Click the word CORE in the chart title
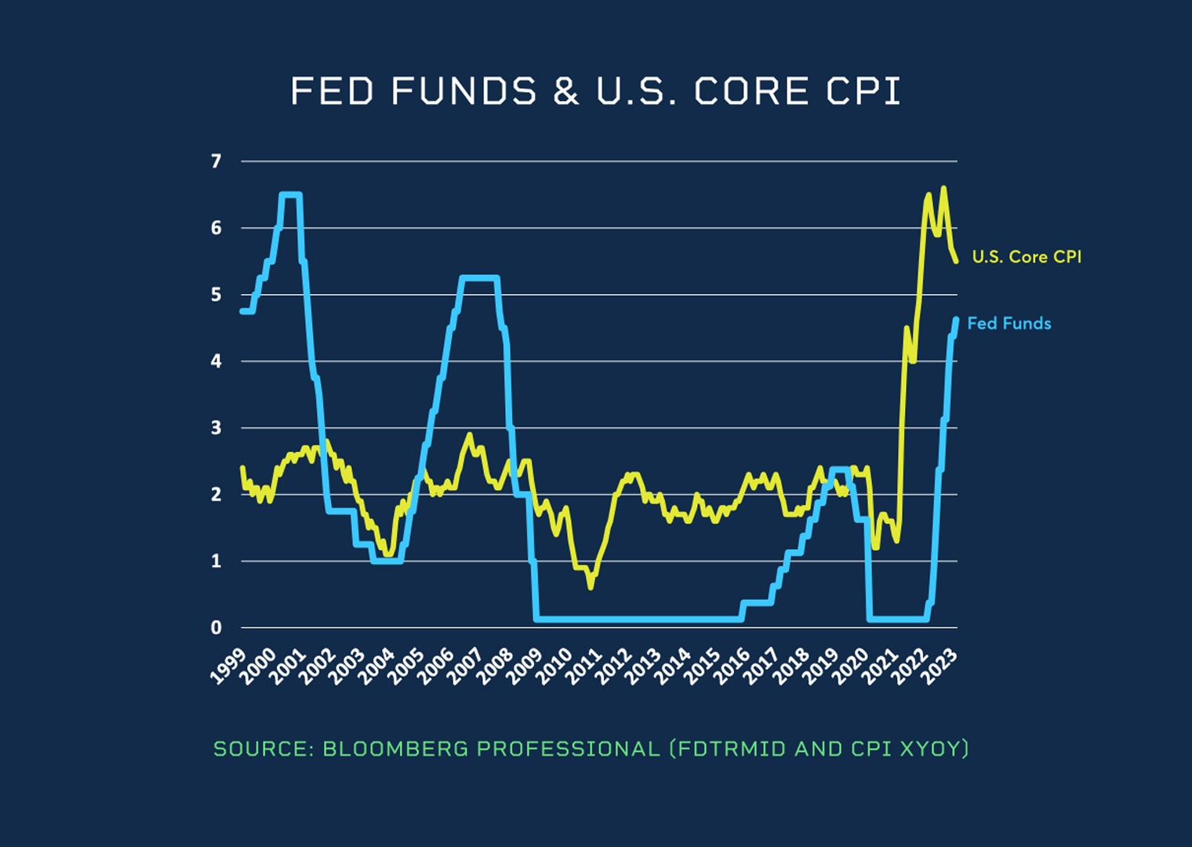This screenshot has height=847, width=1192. (x=751, y=92)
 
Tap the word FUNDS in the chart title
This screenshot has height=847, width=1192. (x=464, y=92)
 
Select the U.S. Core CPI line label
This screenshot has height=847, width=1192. (x=1027, y=256)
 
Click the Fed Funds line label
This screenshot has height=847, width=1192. (x=1008, y=323)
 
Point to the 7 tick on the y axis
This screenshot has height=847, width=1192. (x=216, y=162)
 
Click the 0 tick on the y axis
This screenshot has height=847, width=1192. (x=216, y=627)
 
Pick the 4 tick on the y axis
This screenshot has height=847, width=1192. (x=216, y=362)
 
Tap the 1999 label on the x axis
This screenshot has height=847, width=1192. (x=229, y=666)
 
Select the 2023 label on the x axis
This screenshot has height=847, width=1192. (x=941, y=666)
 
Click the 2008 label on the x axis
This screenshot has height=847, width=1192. (x=496, y=666)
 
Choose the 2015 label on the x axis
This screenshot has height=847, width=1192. (x=703, y=666)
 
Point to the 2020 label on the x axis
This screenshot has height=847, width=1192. (x=852, y=666)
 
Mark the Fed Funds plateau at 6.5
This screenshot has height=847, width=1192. (x=290, y=194)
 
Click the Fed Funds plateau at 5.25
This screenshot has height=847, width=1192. (x=478, y=278)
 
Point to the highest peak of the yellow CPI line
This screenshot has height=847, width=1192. (x=943, y=188)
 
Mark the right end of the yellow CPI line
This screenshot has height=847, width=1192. (x=956, y=261)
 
